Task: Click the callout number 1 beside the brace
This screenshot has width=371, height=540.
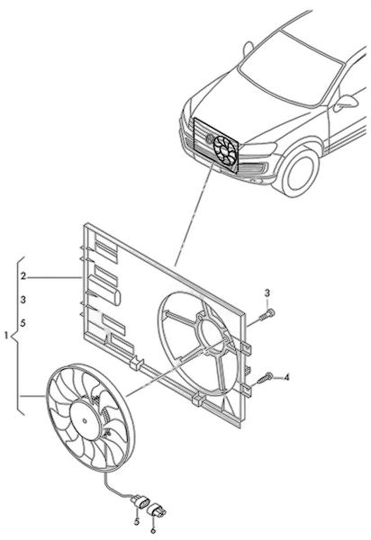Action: [6, 335]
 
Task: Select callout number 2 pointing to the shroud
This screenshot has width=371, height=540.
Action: [23, 276]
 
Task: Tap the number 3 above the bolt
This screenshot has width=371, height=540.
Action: [267, 293]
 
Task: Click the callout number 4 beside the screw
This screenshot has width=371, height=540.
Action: [286, 377]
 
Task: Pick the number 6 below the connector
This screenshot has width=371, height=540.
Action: [154, 530]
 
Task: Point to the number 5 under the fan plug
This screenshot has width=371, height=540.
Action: [137, 522]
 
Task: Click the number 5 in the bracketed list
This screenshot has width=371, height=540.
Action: [23, 323]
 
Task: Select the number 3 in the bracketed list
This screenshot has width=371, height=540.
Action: [23, 300]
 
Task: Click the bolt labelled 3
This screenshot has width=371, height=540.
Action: [267, 315]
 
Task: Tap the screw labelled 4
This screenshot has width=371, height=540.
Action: [265, 378]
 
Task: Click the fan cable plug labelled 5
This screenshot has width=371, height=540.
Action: [140, 501]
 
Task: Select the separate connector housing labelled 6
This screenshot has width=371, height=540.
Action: [157, 510]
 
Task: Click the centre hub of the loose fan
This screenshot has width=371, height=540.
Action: [85, 420]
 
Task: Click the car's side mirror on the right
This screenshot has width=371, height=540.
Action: [346, 103]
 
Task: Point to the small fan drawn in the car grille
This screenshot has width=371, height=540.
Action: [224, 151]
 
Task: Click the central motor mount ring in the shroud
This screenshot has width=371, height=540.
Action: [213, 332]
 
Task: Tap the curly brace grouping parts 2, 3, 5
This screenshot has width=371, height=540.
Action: [16, 336]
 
